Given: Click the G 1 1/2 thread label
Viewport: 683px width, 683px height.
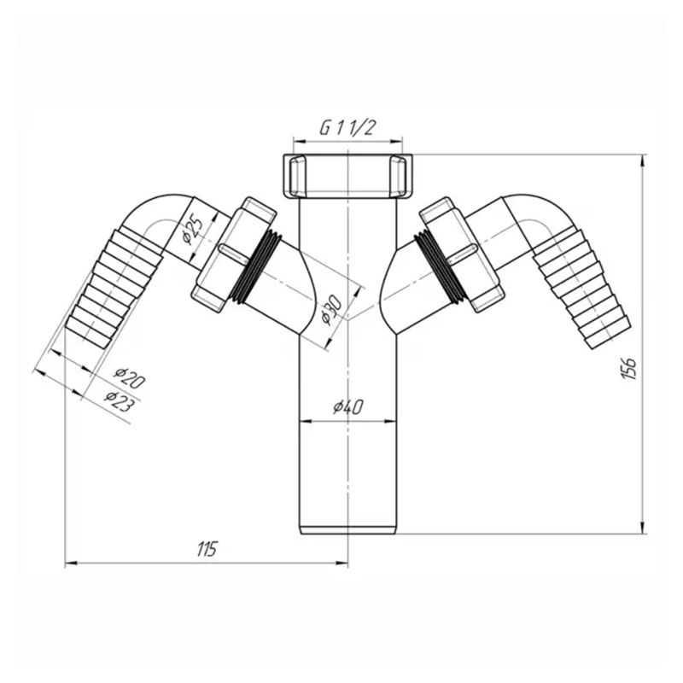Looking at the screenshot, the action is click(347, 127).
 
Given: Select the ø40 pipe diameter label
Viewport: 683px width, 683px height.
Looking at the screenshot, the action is click(348, 407).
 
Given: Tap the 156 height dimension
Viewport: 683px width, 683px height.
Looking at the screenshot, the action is click(629, 368).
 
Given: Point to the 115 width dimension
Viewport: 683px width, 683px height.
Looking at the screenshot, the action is click(207, 550).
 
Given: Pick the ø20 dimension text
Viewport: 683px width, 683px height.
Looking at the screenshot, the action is click(130, 378).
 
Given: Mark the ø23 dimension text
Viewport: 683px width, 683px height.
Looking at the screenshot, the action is click(120, 401).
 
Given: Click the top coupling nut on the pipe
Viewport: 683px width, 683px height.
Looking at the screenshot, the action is click(347, 176).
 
